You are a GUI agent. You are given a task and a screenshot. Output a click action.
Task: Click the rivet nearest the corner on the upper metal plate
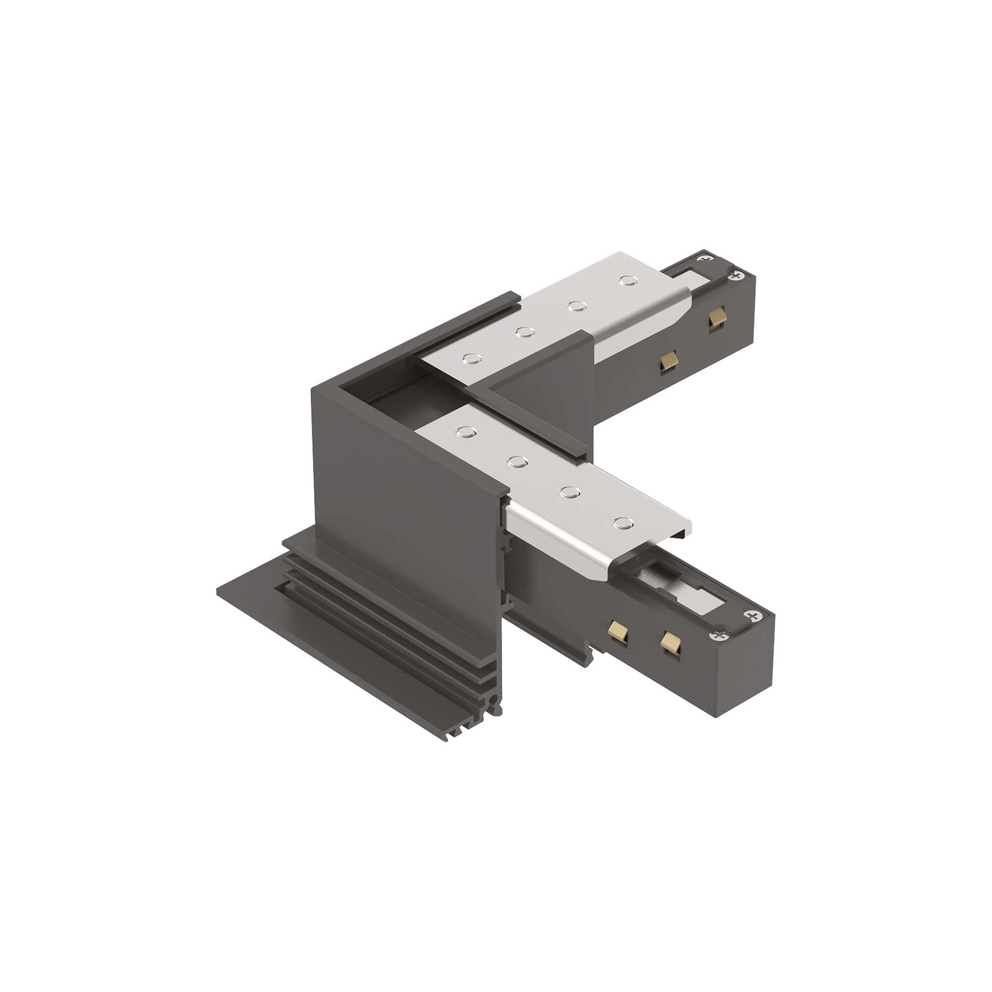(x=471, y=359)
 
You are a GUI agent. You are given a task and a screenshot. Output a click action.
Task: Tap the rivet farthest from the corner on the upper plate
(x=628, y=280)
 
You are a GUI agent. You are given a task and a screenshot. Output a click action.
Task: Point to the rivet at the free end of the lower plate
(x=623, y=523)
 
